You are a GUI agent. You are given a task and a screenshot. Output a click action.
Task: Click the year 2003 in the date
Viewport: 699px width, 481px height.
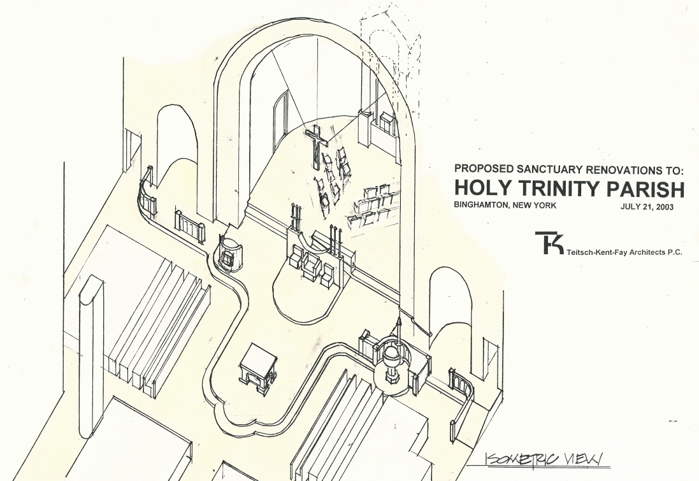tap(663, 206)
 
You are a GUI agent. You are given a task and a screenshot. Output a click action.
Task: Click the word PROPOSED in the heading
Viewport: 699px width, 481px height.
tap(481, 170)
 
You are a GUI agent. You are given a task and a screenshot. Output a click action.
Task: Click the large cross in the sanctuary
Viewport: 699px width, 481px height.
tap(315, 144)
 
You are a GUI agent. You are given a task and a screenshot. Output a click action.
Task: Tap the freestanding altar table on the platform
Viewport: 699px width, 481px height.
tap(257, 366)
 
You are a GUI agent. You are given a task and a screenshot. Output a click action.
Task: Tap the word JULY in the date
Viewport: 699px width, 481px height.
tap(631, 206)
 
